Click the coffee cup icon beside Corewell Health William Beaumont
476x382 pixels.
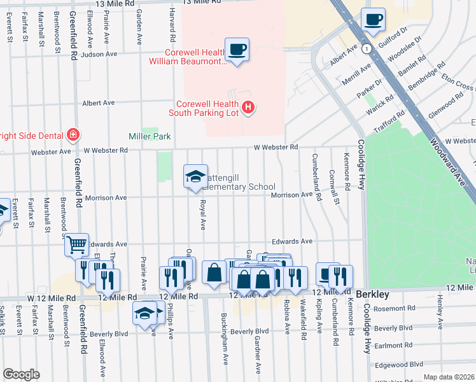pyautogui.click(x=237, y=50)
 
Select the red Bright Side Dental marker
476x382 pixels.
pyautogui.click(x=74, y=135)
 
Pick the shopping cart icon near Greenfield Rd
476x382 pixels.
pyautogui.click(x=76, y=244)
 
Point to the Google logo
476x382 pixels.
pyautogui.click(x=21, y=374)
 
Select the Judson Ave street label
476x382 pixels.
pyautogui.click(x=99, y=54)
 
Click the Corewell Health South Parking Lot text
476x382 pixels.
pyautogui.click(x=204, y=108)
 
